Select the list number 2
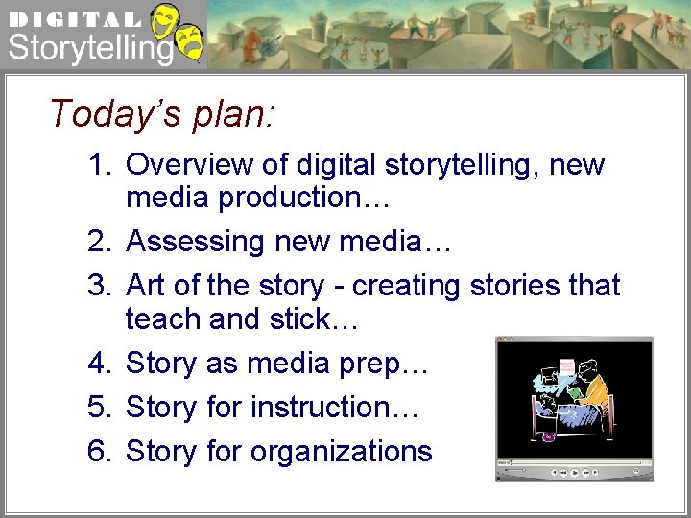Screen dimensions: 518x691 (x=100, y=242)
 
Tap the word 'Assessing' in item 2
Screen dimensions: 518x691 (x=197, y=242)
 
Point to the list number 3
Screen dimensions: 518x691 (x=100, y=286)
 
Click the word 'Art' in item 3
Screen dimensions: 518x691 (x=145, y=286)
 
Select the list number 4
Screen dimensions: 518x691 (x=100, y=364)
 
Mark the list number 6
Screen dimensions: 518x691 (x=100, y=452)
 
